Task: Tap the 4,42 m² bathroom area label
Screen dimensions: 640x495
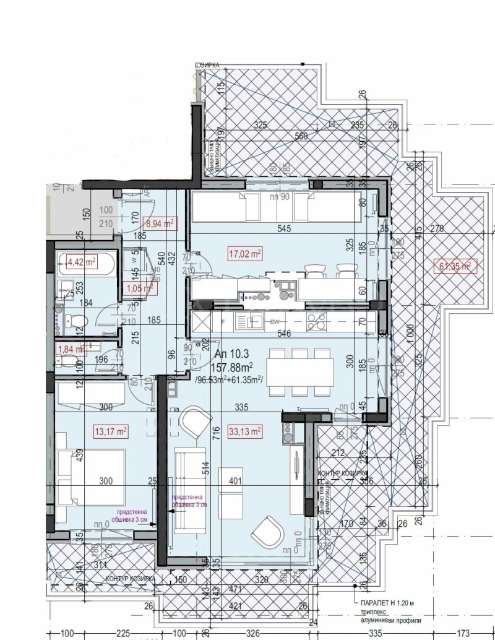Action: click(82, 262)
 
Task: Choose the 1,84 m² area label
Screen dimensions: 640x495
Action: click(70, 348)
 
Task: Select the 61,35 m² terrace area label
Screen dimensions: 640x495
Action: click(455, 266)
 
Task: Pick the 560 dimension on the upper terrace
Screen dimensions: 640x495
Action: click(301, 136)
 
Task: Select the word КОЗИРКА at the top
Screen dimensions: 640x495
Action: click(207, 64)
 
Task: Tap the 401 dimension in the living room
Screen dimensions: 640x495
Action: click(236, 481)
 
